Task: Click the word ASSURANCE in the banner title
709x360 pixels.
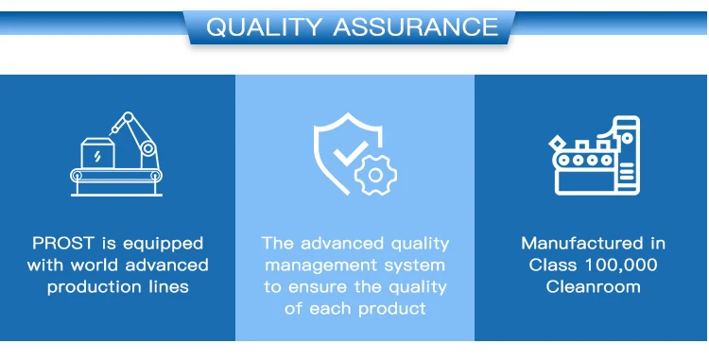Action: pos(416,27)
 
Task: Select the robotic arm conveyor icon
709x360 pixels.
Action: pos(116,154)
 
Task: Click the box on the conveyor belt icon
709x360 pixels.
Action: pos(97,153)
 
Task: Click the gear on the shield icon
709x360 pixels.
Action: pos(375,175)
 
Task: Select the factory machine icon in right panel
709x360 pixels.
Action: pos(596,155)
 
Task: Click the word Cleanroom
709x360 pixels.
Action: pos(593,287)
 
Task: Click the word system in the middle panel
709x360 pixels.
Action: pos(415,266)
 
